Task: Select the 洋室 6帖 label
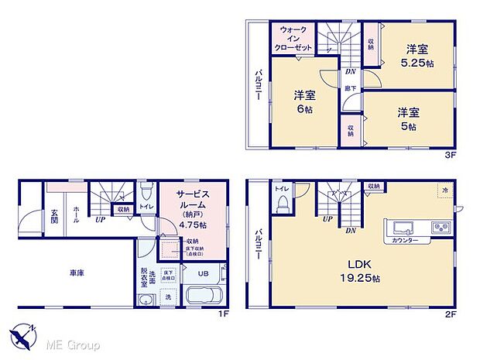304,102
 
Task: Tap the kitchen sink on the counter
403,228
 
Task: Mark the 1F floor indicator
221,314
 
